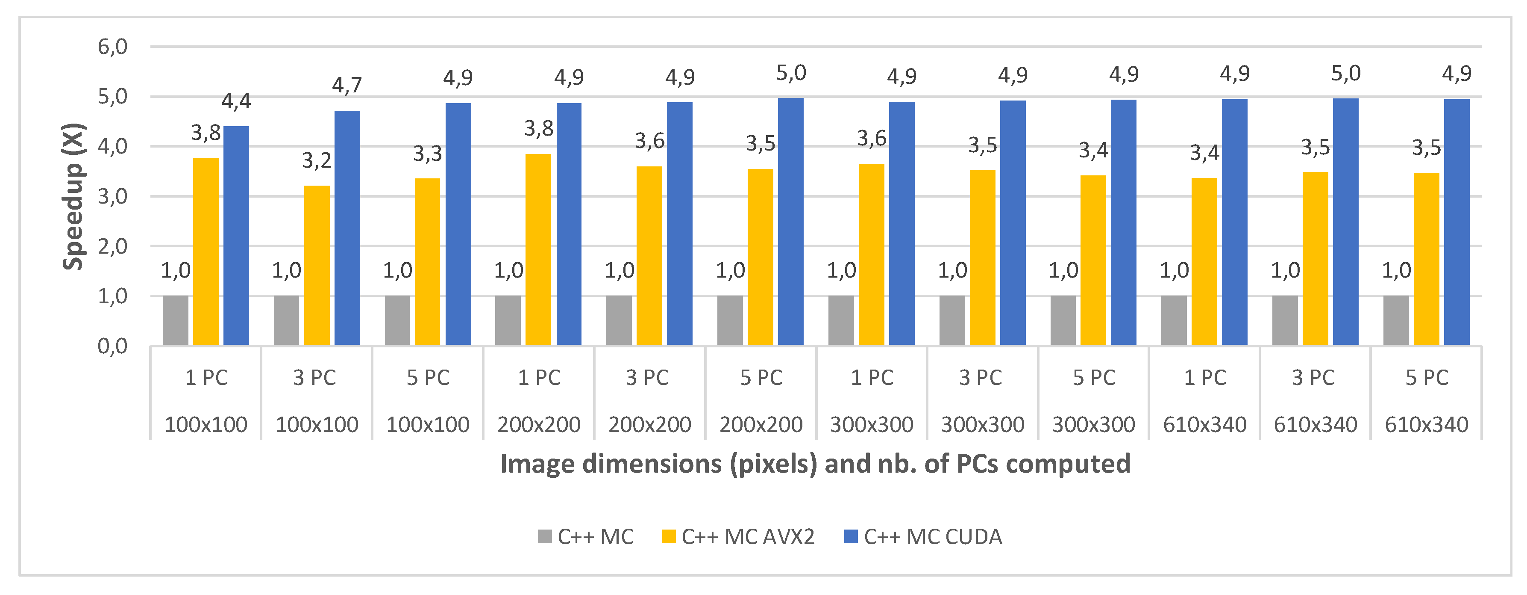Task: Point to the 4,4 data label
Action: (x=236, y=101)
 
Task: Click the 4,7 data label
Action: (x=347, y=86)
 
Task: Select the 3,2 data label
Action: (x=317, y=160)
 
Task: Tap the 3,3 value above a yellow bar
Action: (x=427, y=154)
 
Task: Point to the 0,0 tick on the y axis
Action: (x=113, y=346)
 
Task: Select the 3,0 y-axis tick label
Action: (x=113, y=196)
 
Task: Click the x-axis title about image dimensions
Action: (x=815, y=463)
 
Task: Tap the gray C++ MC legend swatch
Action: (x=544, y=537)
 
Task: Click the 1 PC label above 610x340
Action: (x=1204, y=377)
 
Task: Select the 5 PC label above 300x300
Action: (x=1094, y=377)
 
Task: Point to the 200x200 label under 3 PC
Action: (x=650, y=425)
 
